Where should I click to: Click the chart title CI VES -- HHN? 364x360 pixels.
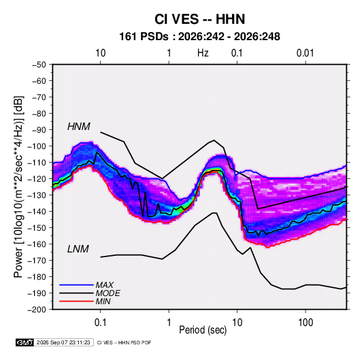[x=199, y=19]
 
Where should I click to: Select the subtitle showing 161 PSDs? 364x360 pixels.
[x=199, y=37]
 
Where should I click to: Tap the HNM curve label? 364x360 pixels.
[x=79, y=127]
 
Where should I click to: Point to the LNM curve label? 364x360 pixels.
[x=78, y=249]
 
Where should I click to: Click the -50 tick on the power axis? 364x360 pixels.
[x=39, y=65]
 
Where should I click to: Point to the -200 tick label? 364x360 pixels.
[x=37, y=310]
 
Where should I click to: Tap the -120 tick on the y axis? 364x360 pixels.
[x=37, y=179]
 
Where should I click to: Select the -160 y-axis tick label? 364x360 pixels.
[x=37, y=244]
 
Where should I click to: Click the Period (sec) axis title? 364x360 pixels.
[x=203, y=330]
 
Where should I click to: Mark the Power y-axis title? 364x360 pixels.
[x=18, y=186]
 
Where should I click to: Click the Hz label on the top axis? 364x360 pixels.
[x=203, y=53]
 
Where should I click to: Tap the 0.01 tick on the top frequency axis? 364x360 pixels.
[x=305, y=53]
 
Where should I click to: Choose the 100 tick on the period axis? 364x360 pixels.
[x=305, y=323]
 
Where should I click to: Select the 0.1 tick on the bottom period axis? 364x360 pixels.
[x=100, y=323]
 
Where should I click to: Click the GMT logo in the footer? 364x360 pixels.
[x=25, y=342]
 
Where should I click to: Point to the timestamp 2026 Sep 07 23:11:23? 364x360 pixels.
[x=63, y=342]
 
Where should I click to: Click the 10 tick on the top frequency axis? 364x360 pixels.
[x=101, y=53]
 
